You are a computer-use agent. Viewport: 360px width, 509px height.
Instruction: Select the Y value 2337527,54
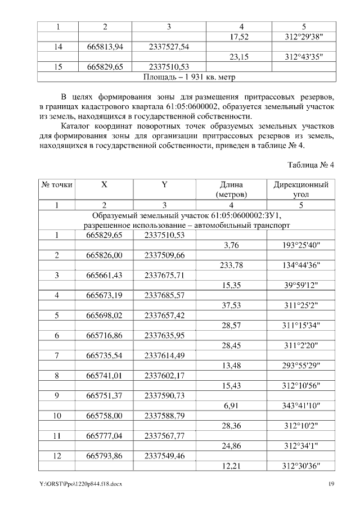[x=169, y=47]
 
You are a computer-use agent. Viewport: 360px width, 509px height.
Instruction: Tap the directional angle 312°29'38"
[x=304, y=37]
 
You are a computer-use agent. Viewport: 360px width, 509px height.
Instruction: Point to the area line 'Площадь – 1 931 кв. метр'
[x=187, y=76]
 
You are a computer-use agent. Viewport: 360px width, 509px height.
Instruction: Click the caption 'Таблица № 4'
[x=311, y=165]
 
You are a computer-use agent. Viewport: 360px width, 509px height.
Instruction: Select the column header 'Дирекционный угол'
[x=301, y=190]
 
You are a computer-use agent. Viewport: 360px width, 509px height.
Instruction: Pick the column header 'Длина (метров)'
[x=233, y=190]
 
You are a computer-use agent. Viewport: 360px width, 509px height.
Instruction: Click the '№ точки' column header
[x=56, y=184]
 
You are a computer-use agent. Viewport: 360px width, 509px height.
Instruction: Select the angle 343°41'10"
[x=304, y=406]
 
